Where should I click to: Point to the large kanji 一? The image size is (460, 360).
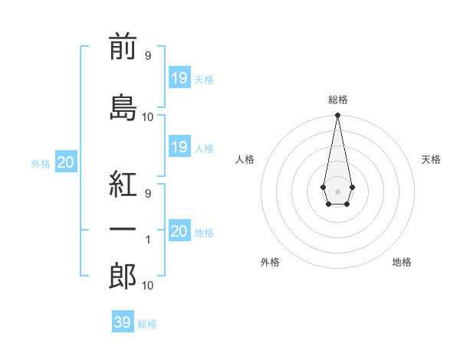point(123,229)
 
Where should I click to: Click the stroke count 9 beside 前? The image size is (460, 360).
point(147,55)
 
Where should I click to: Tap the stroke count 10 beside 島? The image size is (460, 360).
point(148,116)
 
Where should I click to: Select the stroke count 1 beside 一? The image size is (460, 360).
point(148,240)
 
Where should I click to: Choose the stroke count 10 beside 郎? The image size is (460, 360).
point(148,286)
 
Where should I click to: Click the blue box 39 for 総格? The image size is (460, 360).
point(122,322)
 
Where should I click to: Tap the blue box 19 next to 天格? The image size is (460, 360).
point(179,77)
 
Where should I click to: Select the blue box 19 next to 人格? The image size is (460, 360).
point(179,147)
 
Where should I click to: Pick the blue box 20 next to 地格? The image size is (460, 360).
point(179,231)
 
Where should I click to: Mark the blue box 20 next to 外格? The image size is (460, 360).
point(66,162)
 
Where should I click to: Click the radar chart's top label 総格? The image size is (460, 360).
point(338,100)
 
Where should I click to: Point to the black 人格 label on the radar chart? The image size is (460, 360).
point(245,159)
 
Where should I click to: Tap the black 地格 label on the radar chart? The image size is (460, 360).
point(402,262)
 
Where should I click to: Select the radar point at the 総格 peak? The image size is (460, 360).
point(337,116)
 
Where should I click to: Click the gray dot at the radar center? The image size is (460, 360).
point(337,191)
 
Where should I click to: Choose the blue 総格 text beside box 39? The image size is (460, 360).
point(147,324)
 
